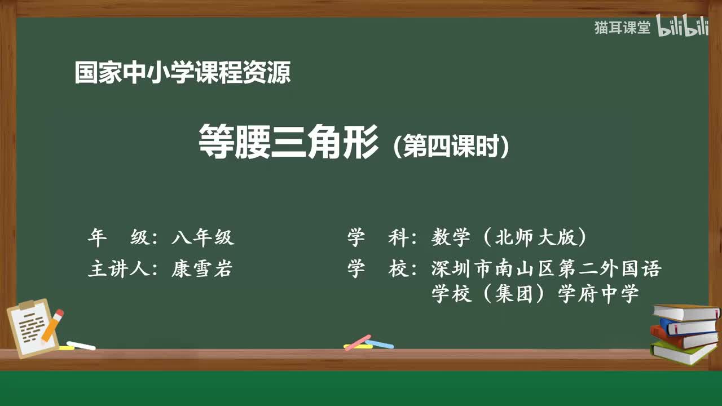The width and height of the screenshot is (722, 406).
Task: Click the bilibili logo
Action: coord(683,28)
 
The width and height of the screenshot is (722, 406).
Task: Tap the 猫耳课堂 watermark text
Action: coord(622,28)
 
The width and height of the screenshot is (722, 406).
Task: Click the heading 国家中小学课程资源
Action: coord(182,73)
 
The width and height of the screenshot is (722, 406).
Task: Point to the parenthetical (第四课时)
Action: coord(452,147)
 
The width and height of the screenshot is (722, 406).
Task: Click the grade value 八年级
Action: coord(202,238)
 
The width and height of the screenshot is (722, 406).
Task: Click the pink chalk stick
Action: coord(358,342)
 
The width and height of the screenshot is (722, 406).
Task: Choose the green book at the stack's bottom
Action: coord(683,353)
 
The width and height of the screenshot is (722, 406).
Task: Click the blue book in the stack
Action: coord(688,326)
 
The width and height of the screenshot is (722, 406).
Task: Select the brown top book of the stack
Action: coord(686,312)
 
